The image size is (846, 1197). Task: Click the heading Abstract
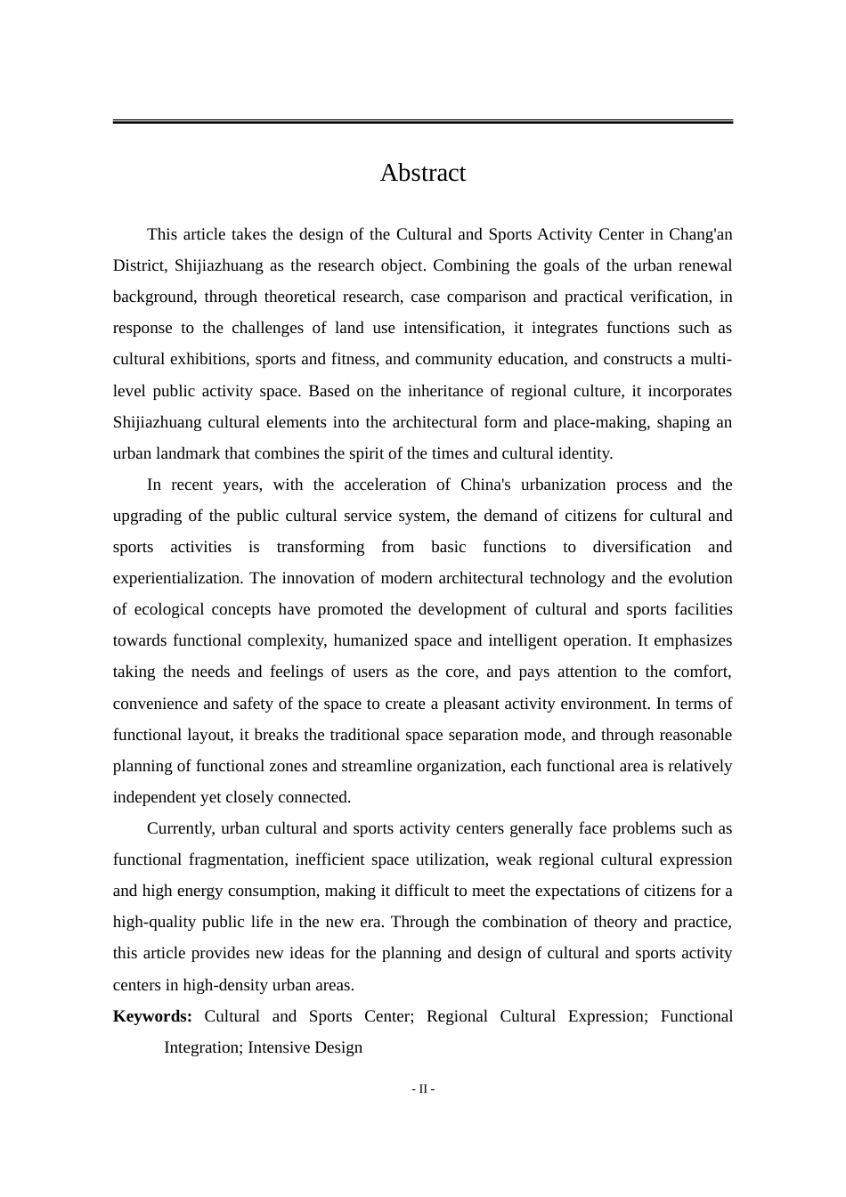tap(422, 173)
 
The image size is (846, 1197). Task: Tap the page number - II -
tap(423, 1088)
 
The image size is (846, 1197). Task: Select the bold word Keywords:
tap(152, 1016)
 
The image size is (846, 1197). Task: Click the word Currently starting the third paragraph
tap(180, 828)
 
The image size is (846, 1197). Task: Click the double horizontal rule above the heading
tap(422, 121)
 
